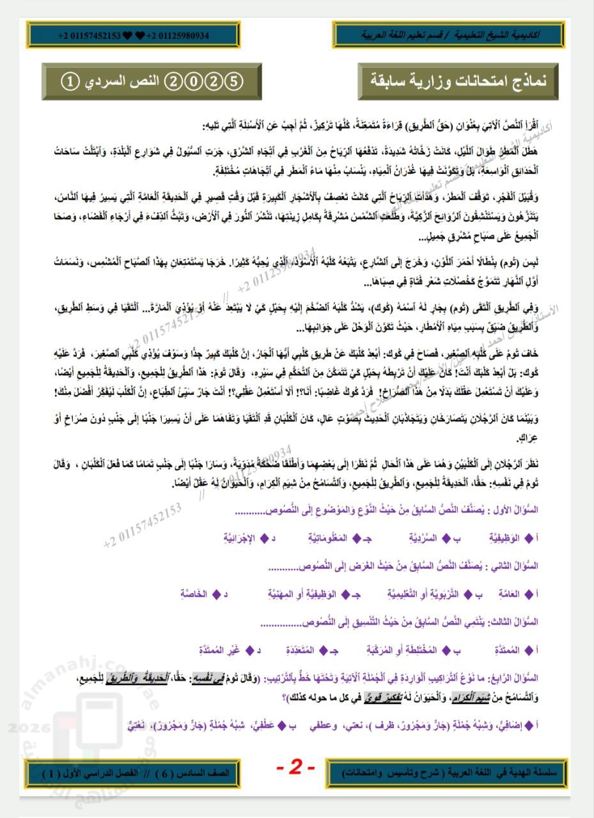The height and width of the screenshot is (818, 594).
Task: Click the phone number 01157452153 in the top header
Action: (x=89, y=35)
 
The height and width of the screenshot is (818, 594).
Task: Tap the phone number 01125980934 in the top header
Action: (x=178, y=35)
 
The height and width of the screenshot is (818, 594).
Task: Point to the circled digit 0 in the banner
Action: (x=194, y=81)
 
